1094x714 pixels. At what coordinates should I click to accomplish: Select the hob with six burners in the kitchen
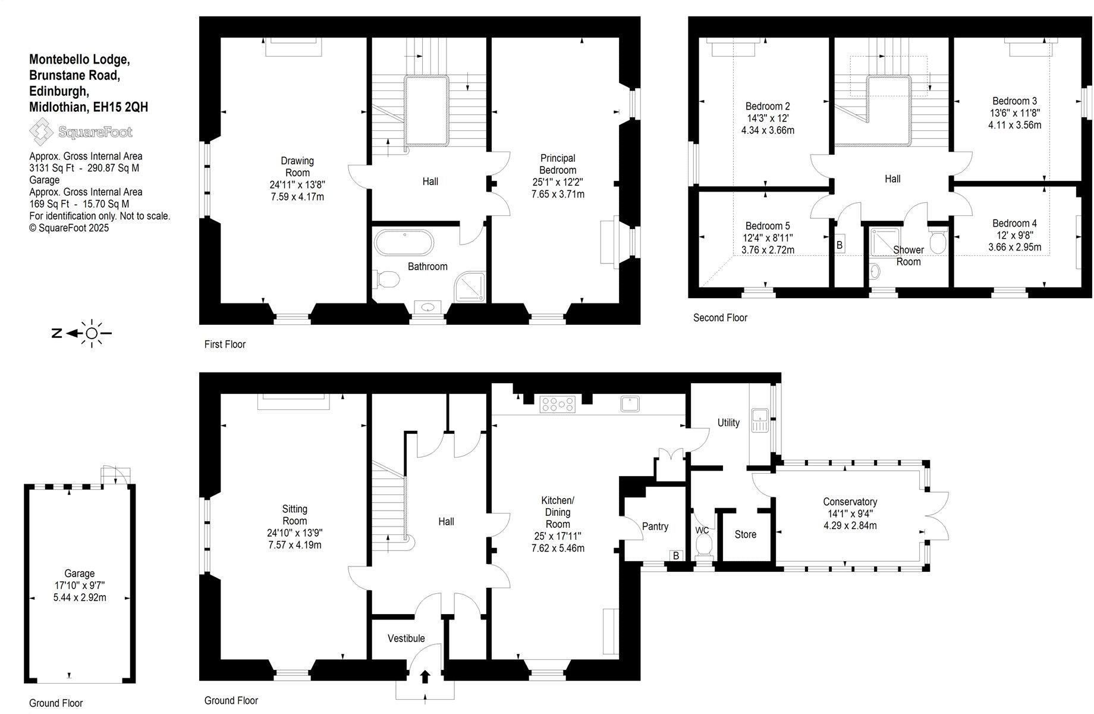558,405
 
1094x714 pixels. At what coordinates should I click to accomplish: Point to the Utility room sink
760,419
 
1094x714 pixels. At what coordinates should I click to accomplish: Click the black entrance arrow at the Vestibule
425,677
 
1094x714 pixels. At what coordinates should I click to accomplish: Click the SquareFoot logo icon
41,131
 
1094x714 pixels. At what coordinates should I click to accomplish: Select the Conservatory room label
850,502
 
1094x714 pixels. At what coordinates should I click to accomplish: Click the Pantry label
655,527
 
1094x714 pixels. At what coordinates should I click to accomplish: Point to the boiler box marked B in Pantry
675,556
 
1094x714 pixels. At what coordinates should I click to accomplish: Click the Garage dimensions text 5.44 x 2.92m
79,597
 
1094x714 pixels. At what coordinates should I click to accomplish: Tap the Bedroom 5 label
768,226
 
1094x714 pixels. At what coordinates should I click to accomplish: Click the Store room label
745,534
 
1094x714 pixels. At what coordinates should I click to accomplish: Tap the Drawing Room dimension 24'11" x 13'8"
297,185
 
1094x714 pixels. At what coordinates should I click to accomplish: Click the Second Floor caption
720,318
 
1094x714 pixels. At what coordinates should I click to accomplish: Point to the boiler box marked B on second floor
840,245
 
